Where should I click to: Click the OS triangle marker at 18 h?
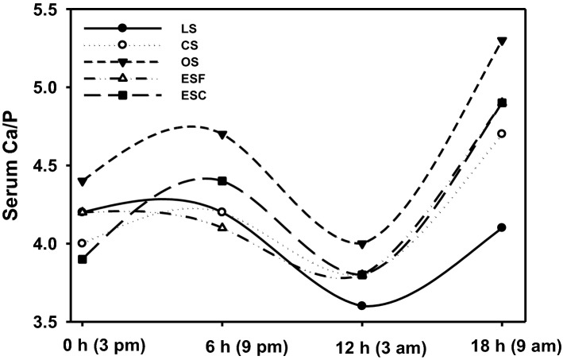502,41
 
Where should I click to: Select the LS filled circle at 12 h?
362,305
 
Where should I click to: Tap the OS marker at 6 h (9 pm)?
222,134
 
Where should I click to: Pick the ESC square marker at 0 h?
83,259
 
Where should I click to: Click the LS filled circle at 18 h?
502,227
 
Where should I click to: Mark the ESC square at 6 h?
222,181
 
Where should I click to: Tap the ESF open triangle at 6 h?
222,227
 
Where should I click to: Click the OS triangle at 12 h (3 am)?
362,244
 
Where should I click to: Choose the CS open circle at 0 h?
83,243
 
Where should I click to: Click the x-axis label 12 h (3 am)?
362,346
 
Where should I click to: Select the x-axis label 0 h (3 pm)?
83,346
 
